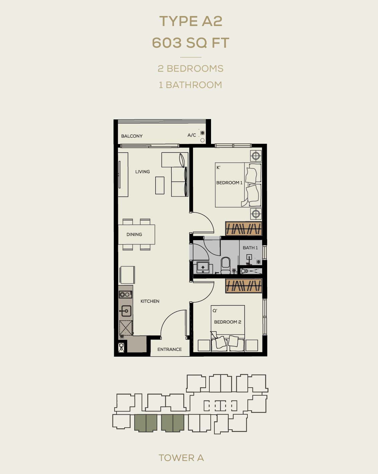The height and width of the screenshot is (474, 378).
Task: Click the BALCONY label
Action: click(132, 136)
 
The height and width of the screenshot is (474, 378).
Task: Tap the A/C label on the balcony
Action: click(192, 135)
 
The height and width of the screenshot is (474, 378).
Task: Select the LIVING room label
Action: click(143, 171)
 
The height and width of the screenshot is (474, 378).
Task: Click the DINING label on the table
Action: click(134, 234)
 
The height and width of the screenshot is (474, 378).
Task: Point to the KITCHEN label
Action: click(150, 301)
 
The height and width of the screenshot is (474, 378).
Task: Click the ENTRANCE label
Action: click(170, 349)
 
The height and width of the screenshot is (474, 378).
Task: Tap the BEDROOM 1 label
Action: click(229, 182)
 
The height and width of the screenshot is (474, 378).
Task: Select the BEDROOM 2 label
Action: click(228, 322)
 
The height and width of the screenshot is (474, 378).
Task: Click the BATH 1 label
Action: click(250, 248)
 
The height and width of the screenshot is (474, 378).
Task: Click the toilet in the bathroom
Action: click(225, 266)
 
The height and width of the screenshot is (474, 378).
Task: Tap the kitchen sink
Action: click(125, 311)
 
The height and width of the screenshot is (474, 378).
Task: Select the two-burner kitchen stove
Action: click(125, 295)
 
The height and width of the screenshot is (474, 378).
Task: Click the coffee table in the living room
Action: click(160, 185)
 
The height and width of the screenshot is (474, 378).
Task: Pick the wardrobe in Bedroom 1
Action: click(243, 228)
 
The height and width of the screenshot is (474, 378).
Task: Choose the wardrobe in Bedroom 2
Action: click(243, 286)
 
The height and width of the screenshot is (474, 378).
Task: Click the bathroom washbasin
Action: click(203, 268)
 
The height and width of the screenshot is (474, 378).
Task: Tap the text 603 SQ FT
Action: click(191, 43)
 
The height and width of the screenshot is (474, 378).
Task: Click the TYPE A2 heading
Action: click(191, 21)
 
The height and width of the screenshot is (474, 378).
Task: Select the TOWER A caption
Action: click(181, 458)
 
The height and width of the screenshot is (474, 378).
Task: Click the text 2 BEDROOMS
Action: click(191, 68)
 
